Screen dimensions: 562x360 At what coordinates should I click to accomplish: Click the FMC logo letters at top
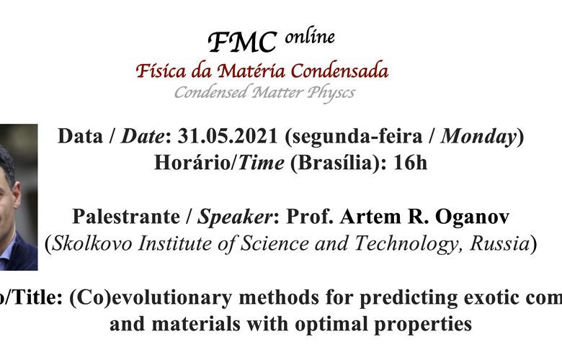pyautogui.click(x=243, y=42)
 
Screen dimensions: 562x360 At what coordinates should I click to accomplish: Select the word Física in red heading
pyautogui.click(x=161, y=71)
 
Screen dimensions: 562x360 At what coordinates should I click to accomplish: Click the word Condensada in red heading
pyautogui.click(x=339, y=71)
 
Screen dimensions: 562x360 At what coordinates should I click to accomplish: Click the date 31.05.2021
pyautogui.click(x=228, y=136)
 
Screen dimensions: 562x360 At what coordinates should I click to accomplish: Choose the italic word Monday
pyautogui.click(x=478, y=138)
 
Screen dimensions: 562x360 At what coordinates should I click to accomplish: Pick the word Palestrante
pyautogui.click(x=126, y=217)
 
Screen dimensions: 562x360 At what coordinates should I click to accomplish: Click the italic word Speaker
pyautogui.click(x=235, y=217)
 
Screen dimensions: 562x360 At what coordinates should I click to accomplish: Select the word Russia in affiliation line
pyautogui.click(x=499, y=243)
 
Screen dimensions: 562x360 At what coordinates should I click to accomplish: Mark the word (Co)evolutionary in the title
pyautogui.click(x=151, y=298)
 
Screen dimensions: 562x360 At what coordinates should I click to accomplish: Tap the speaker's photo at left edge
pyautogui.click(x=19, y=197)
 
